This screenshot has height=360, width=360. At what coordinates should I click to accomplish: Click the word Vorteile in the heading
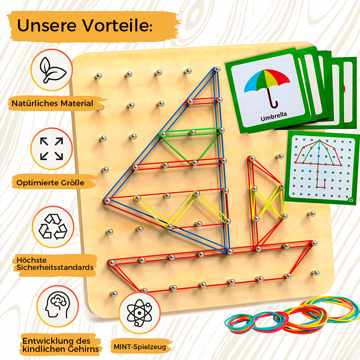pos(117,25)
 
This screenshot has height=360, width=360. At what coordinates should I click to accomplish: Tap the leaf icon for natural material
pos(52,70)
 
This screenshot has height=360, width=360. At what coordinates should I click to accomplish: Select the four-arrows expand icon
pos(52,148)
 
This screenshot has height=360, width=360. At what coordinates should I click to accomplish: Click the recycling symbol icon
pos(53,226)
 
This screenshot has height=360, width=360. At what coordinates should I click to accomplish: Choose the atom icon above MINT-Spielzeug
pos(139,313)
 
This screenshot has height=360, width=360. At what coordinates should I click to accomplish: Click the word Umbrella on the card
pos(274,116)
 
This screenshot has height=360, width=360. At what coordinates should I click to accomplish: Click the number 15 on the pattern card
pos(351,200)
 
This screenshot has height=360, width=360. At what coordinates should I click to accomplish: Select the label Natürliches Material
pos(52,103)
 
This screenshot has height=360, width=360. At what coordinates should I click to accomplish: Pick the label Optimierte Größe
pos(50,183)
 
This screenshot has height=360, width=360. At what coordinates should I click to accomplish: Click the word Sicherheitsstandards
pos(55,267)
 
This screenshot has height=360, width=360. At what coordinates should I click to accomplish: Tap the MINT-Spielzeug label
pos(140,346)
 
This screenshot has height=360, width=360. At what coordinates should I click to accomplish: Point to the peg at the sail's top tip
pos(217,69)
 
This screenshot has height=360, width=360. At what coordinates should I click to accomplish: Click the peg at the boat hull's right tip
pos(315,243)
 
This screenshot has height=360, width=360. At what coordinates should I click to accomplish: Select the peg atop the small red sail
pos(252,158)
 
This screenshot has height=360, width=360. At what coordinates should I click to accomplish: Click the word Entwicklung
pos(45,341)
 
